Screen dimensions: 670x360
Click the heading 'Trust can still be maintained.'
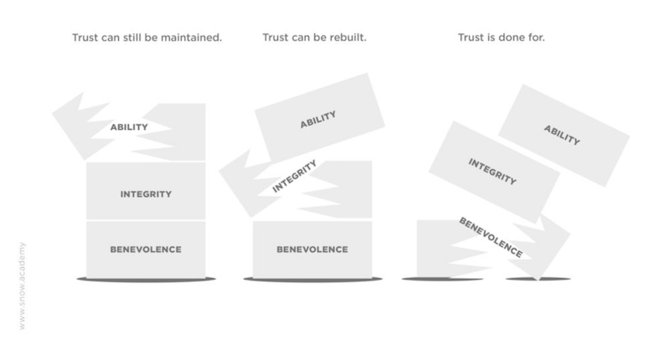click(147, 38)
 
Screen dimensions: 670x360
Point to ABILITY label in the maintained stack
click(129, 127)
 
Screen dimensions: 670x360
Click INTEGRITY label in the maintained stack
click(146, 194)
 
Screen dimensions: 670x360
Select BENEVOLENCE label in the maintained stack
click(146, 249)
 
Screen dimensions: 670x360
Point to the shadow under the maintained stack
click(146, 278)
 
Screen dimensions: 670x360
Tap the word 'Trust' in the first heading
click(86, 38)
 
